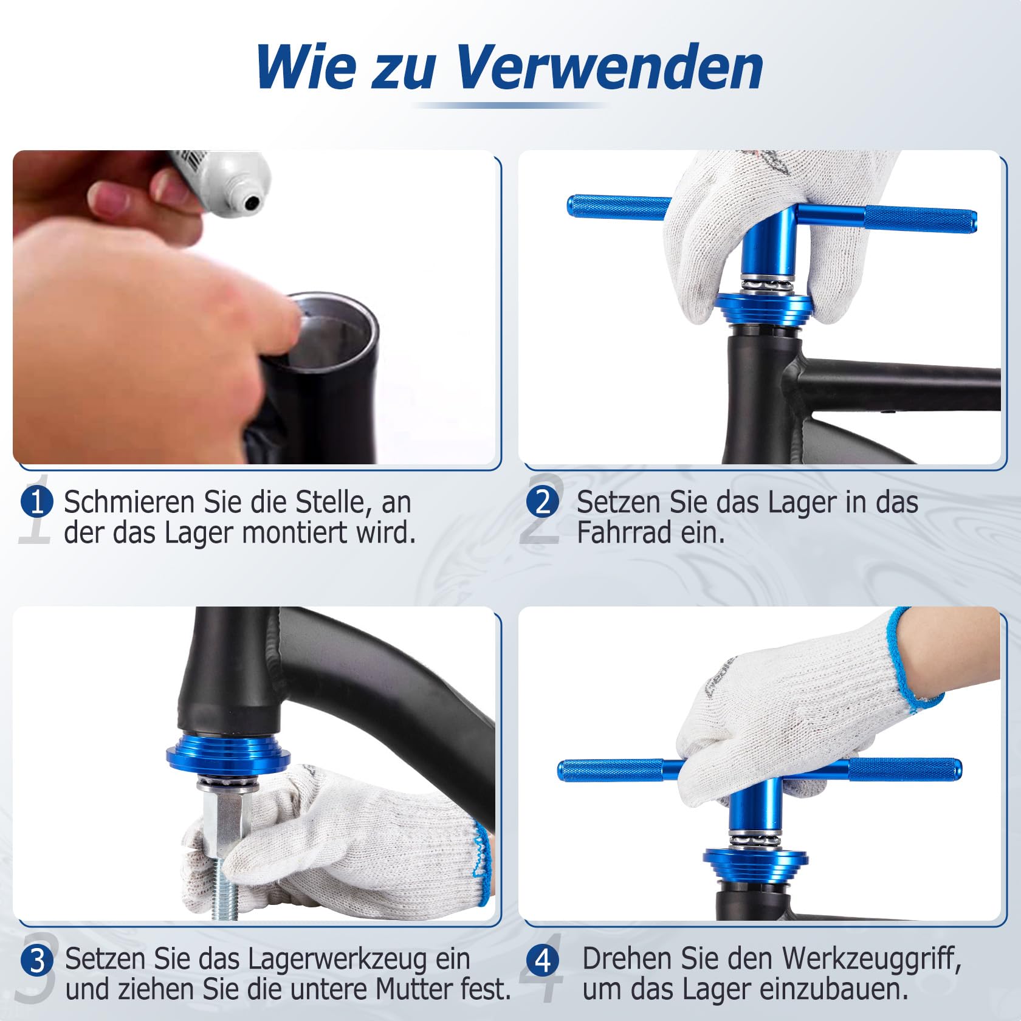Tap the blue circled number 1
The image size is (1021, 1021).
[37, 503]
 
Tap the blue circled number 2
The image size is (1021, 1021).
[543, 503]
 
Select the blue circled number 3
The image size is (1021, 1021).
[37, 960]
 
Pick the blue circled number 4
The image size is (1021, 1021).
[543, 960]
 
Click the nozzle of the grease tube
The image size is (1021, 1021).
[252, 202]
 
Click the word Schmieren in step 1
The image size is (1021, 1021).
[130, 503]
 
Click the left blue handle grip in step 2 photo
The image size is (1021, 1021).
[617, 206]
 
